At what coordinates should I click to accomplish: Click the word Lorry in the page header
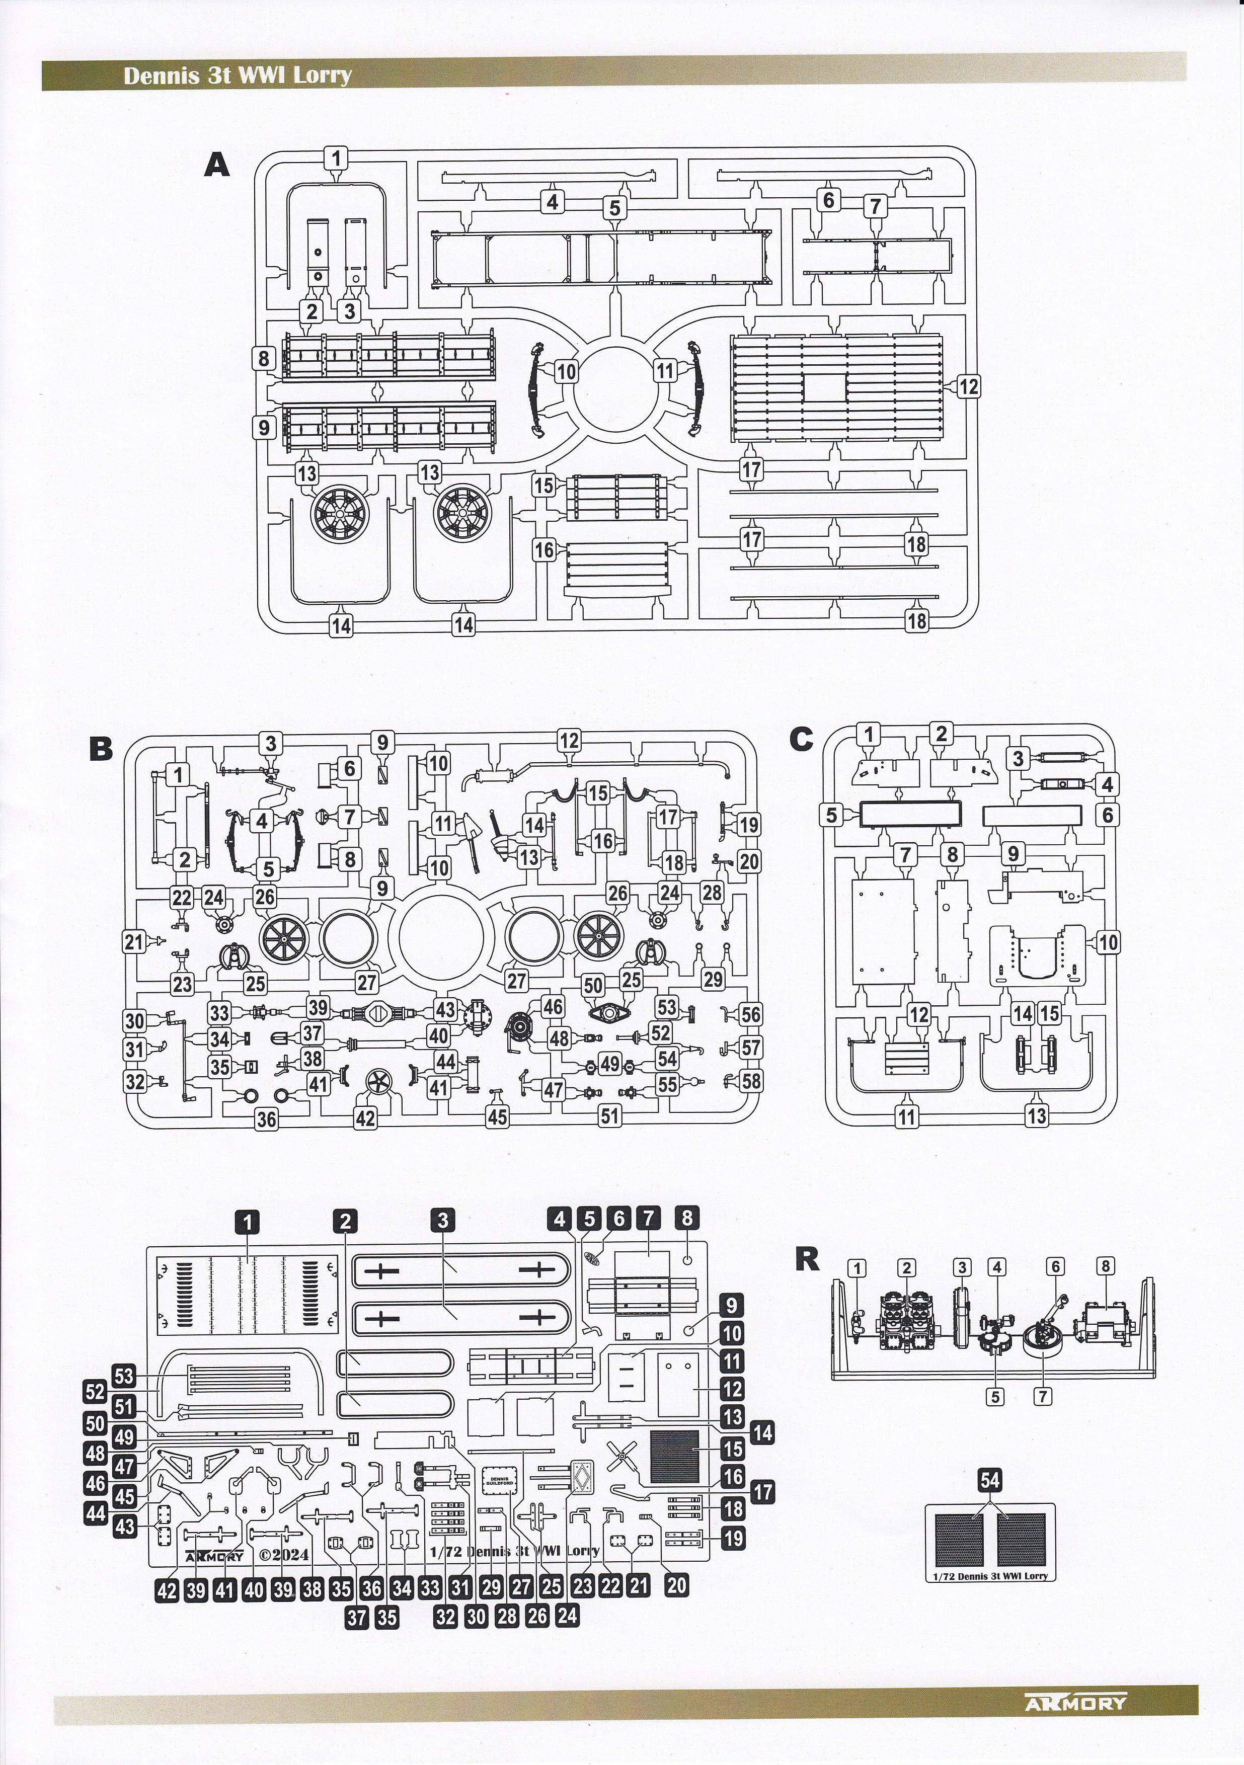[326, 75]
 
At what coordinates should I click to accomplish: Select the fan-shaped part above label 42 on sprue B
[377, 1084]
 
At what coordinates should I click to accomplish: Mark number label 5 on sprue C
[830, 815]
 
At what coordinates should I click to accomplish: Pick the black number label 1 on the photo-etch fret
[248, 1220]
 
